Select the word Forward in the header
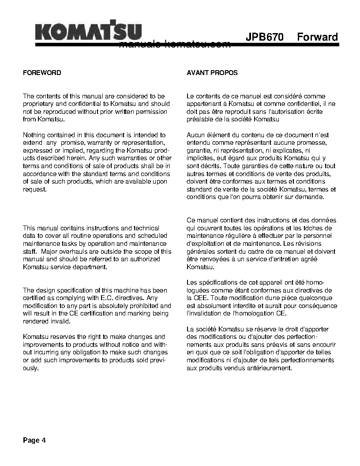click(317, 37)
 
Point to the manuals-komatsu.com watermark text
click(175, 45)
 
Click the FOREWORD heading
click(42, 73)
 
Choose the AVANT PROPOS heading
click(212, 73)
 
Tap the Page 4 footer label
click(34, 440)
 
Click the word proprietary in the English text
click(38, 104)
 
